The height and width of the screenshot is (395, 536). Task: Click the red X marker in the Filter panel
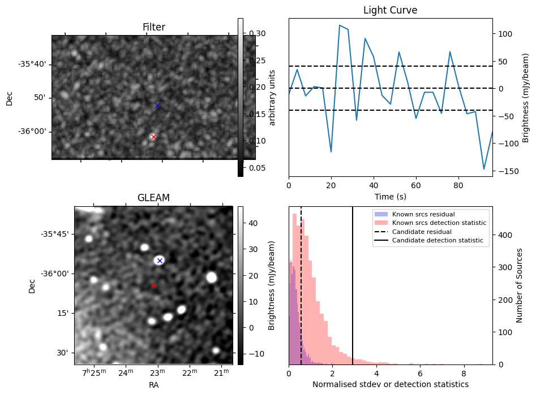click(153, 137)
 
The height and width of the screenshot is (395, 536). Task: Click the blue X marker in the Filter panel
click(157, 106)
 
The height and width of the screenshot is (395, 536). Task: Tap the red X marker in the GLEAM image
click(153, 286)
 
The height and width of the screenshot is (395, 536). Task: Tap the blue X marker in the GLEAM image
click(160, 261)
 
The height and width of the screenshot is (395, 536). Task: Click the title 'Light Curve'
click(390, 10)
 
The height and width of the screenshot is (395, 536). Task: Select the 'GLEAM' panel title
click(153, 198)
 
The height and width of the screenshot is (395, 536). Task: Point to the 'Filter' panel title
click(153, 27)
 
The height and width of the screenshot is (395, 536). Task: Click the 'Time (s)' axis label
click(390, 197)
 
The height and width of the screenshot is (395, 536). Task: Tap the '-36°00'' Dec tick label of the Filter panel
click(33, 132)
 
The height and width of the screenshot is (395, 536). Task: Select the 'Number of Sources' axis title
click(520, 285)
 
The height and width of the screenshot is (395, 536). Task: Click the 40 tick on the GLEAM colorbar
click(253, 223)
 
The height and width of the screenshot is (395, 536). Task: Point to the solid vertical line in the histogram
click(353, 294)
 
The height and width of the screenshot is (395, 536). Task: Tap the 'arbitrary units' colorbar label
click(272, 97)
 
